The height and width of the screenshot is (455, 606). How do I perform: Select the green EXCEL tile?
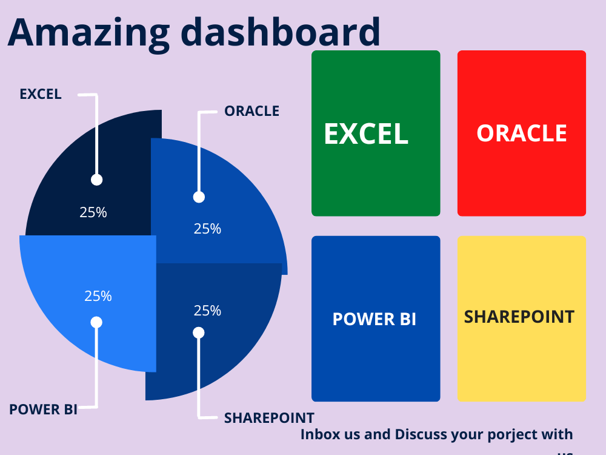376,133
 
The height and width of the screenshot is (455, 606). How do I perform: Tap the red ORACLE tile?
522,133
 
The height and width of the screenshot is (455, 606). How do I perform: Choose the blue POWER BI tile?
376,319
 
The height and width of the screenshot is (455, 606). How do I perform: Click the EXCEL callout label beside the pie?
41,94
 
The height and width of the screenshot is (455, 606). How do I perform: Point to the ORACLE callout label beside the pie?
251,111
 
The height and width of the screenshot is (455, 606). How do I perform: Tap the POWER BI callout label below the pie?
43,409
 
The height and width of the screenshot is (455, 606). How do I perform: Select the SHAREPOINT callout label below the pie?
269,418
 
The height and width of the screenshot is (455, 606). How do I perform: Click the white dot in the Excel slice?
96,180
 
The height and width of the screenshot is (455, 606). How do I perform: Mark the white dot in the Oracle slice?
199,197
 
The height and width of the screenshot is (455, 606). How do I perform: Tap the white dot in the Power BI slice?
96,322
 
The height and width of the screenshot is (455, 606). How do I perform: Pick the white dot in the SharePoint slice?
199,332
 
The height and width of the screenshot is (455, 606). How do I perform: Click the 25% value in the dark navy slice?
93,212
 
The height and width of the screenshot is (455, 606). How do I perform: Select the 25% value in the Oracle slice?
207,229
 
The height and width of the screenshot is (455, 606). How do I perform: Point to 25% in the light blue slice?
98,296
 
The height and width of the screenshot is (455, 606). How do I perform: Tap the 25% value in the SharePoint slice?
207,311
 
